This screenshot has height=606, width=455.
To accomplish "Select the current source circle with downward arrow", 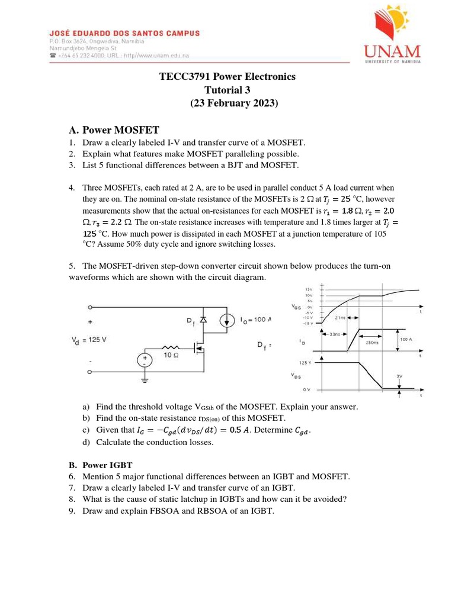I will [227, 321].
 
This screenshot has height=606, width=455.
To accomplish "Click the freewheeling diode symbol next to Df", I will [203, 321].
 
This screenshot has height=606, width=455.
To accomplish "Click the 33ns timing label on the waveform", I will [334, 334].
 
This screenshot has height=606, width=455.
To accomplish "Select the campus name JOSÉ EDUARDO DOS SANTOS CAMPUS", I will [124, 34].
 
